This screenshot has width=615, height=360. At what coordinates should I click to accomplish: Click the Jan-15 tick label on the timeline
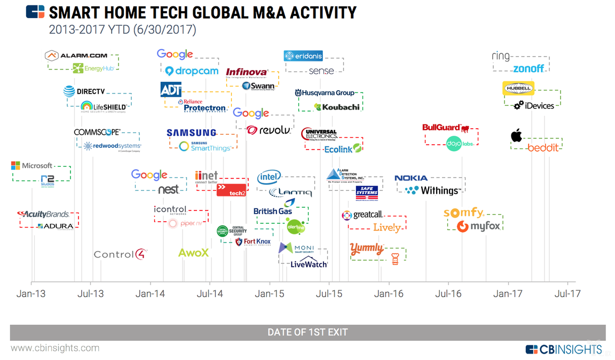(269, 294)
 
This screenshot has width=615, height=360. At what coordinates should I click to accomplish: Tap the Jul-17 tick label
(567, 294)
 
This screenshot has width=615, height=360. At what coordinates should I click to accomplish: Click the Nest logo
(169, 190)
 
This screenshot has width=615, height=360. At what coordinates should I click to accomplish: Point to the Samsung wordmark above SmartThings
(191, 132)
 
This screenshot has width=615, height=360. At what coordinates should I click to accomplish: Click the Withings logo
(432, 190)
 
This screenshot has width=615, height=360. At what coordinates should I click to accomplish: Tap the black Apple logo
(516, 135)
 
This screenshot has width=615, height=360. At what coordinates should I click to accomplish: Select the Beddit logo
(542, 147)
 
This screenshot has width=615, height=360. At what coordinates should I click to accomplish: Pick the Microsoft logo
(32, 166)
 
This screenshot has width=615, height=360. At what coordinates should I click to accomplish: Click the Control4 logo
(120, 254)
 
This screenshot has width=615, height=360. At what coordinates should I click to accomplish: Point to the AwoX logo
(193, 253)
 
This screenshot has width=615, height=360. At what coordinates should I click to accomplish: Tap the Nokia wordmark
(411, 178)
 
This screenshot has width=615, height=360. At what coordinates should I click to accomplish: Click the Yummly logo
(366, 248)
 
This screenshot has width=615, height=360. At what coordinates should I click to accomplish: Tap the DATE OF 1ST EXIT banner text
(307, 332)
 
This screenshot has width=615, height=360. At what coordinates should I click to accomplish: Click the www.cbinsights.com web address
(55, 348)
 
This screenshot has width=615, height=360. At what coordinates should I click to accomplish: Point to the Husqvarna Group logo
(325, 93)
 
